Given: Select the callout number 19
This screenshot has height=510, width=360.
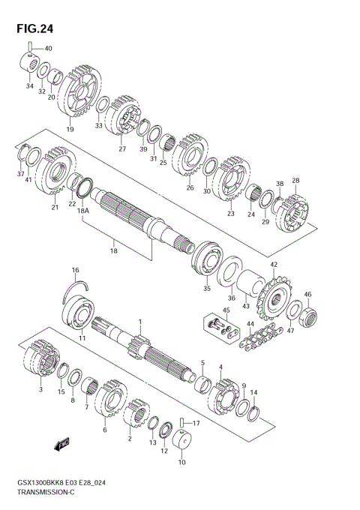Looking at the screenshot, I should pyautogui.click(x=70, y=130).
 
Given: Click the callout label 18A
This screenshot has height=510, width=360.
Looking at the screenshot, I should pyautogui.click(x=82, y=212).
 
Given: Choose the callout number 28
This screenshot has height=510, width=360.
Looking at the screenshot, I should pyautogui.click(x=295, y=180).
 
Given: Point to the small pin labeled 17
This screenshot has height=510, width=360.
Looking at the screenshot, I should pyautogui.click(x=181, y=423).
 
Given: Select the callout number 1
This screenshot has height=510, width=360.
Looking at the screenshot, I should pyautogui.click(x=139, y=321).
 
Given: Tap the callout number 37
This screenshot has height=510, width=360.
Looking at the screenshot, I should pyautogui.click(x=21, y=174).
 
